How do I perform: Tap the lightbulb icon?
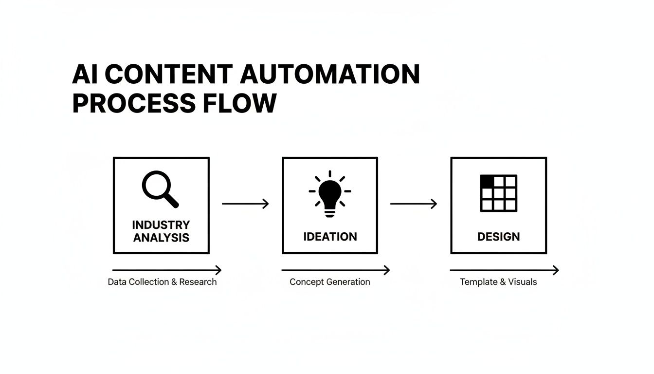coord(330,194)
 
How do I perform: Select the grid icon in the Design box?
coord(498,193)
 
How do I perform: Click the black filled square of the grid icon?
coord(487,181)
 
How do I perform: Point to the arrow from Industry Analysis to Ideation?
coord(245,204)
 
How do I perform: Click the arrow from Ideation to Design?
coord(414,204)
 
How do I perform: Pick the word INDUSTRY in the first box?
coord(161,225)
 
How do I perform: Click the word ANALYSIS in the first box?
coord(161,238)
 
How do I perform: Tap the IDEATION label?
coord(330,237)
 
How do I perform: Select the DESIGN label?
coord(498,237)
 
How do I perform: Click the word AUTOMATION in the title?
coord(330,75)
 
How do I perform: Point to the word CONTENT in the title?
coord(168,75)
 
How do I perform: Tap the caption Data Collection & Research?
coord(162,282)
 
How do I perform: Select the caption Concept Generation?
coord(330,282)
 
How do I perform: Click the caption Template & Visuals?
coord(498,282)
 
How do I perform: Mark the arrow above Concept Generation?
coord(336,270)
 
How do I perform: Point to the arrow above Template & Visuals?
coord(504,270)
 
